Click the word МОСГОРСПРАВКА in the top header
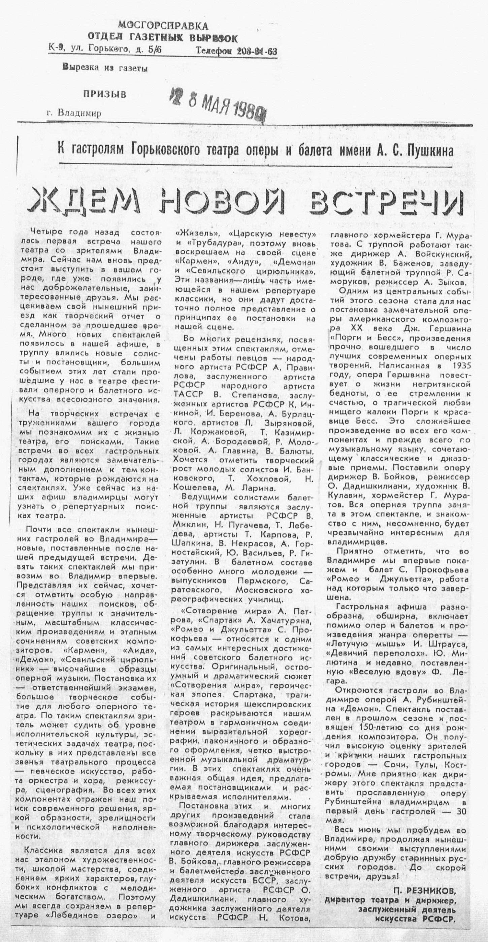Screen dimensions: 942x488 coord(163,26)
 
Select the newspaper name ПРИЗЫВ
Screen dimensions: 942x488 coord(105,94)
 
